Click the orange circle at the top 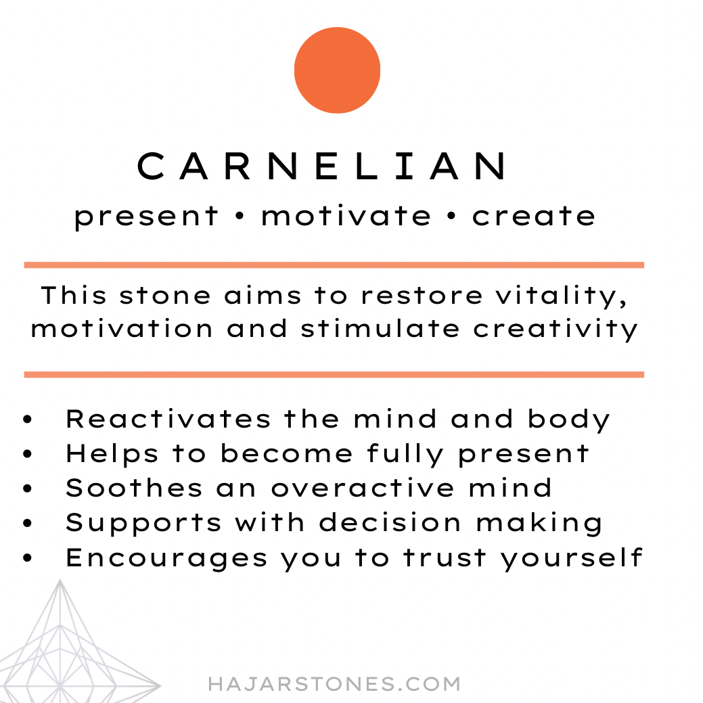tap(337, 70)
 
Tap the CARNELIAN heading tap(322, 166)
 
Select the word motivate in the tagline tap(346, 216)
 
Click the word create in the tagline tap(534, 216)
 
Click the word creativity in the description tap(555, 330)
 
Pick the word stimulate tap(380, 329)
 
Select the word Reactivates tap(168, 419)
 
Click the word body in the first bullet tap(568, 420)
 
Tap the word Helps tap(112, 455)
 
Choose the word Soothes tap(134, 489)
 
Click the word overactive tap(363, 489)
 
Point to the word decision tap(390, 523)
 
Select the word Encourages tap(166, 558)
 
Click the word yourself tap(572, 559)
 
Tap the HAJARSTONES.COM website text tap(334, 684)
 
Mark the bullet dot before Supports tap(27, 523)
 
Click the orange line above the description tap(334, 265)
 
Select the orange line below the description tap(334, 375)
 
